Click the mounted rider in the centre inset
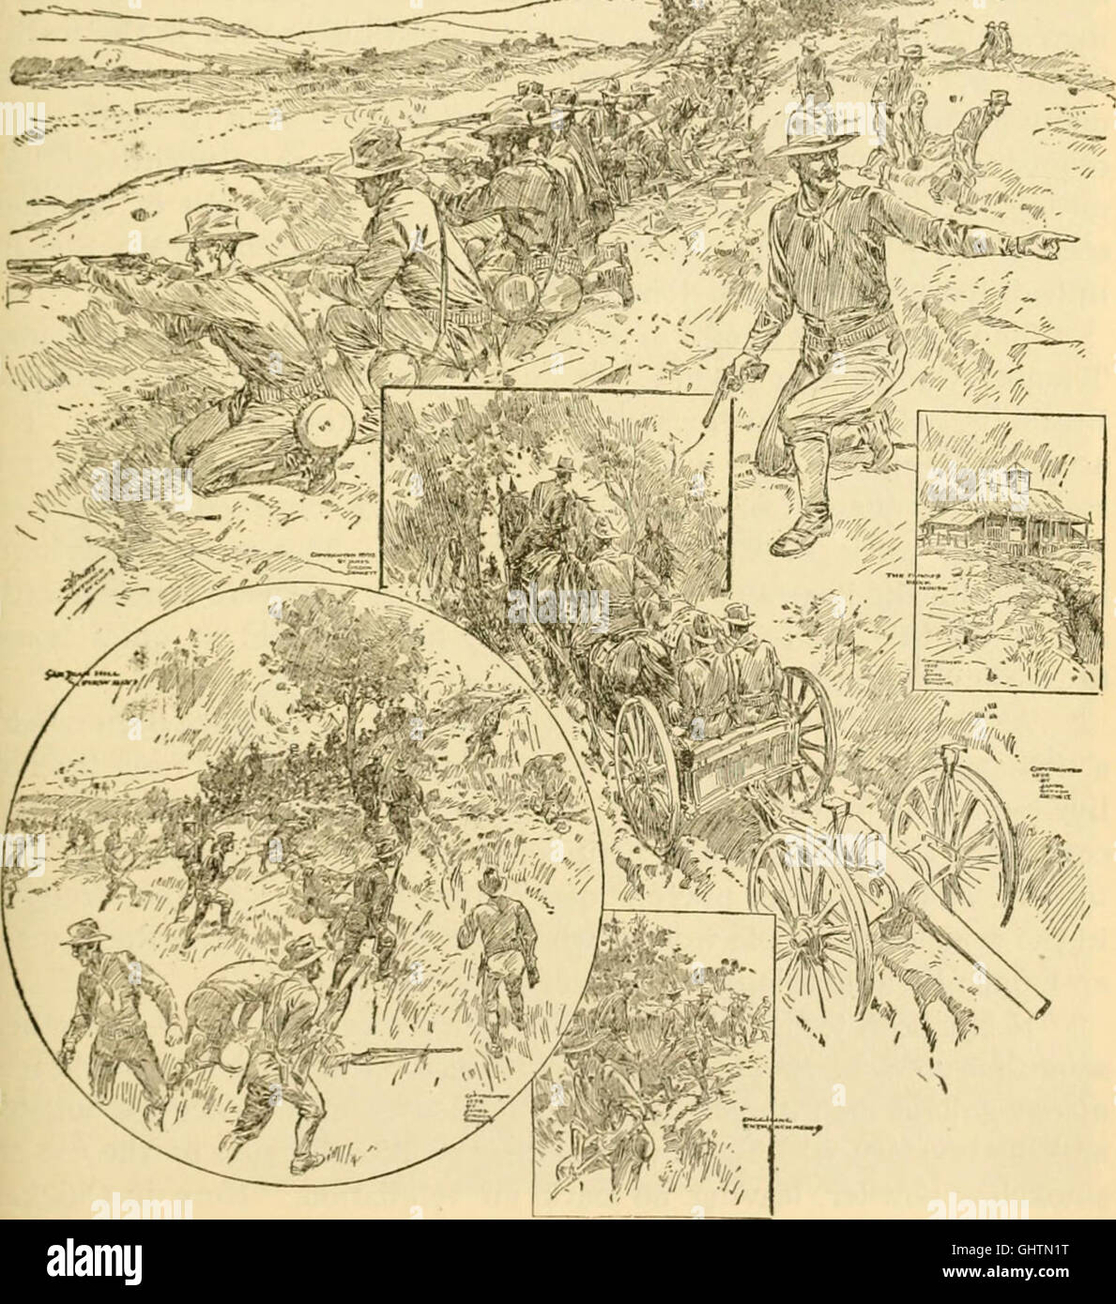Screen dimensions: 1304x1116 [x=554, y=507]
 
